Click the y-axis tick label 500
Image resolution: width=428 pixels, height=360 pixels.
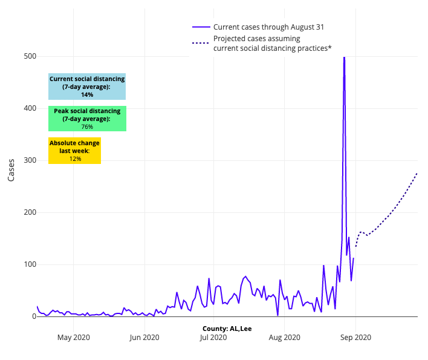pos(30,56)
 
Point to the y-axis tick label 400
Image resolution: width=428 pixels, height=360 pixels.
pos(30,108)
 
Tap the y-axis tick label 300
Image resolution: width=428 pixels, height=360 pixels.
pos(30,160)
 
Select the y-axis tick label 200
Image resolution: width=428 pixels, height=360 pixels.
pos(30,212)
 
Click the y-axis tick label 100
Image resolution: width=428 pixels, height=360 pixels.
pos(30,264)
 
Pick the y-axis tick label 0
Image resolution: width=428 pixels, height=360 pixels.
pos(34,316)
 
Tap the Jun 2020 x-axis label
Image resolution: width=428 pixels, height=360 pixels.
pos(144,338)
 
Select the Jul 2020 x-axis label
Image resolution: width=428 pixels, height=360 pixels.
pos(213,338)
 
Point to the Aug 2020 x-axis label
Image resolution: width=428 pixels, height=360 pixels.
pos(284,338)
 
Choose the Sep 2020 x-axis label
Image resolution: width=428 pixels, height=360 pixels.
pos(355,338)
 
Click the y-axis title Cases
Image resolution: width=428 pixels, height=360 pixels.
pos(11,170)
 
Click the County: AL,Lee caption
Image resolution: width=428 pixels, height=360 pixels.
pos(227,329)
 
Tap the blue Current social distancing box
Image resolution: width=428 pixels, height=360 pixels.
pos(87,87)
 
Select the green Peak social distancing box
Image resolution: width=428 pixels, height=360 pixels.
pos(87,119)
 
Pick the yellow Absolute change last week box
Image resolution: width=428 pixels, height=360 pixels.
pos(75,151)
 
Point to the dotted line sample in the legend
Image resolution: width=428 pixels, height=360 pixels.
pos(201,43)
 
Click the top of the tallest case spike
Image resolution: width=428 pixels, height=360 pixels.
pos(344,57)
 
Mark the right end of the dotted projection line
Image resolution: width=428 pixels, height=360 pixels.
pos(417,173)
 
